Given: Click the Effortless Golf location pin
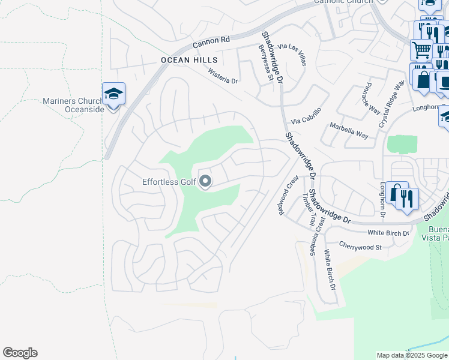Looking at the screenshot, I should pyautogui.click(x=205, y=181).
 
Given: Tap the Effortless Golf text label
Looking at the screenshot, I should pyautogui.click(x=169, y=182).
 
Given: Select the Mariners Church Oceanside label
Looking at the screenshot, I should pyautogui.click(x=74, y=105).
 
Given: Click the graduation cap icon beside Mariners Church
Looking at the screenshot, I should pyautogui.click(x=113, y=94).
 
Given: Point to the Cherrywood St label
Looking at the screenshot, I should pyautogui.click(x=360, y=247).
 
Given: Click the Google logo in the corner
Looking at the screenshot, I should pyautogui.click(x=20, y=353).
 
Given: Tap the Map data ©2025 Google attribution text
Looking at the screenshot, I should pyautogui.click(x=411, y=355).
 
